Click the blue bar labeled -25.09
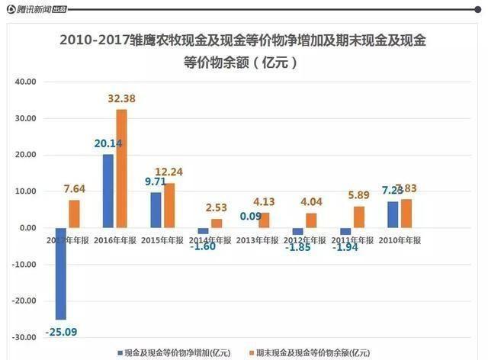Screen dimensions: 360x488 point(60,273)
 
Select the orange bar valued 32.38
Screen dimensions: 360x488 point(122,169)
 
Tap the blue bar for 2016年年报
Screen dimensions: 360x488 point(108,191)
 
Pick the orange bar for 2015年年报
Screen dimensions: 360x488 point(169,205)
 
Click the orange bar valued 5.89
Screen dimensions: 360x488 point(359,217)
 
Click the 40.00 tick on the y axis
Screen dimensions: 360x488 point(27,82)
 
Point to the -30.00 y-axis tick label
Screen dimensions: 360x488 point(25,337)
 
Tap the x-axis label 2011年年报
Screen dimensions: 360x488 point(352,239)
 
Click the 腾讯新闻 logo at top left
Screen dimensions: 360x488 point(36,9)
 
